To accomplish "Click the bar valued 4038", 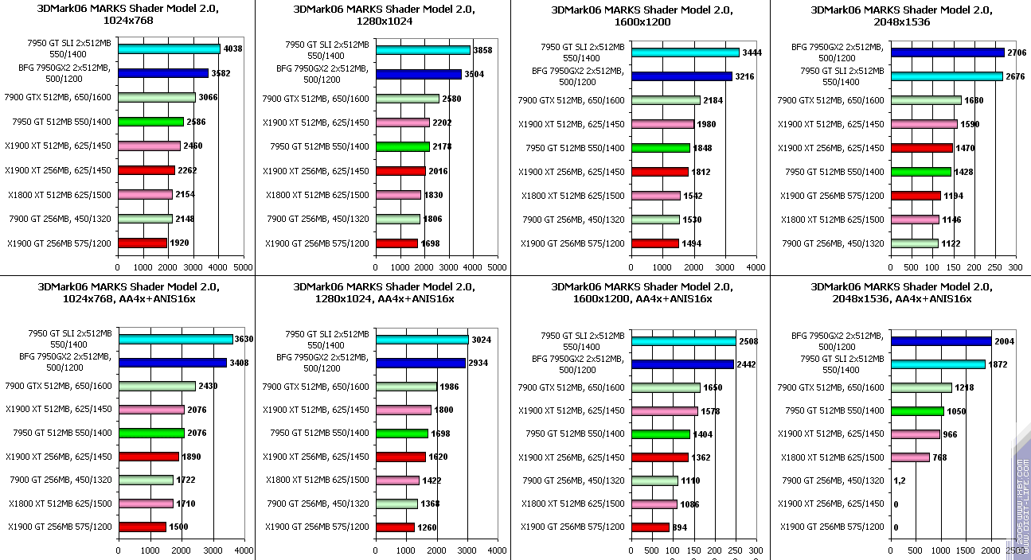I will [x=169, y=49].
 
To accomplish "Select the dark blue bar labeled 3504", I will [x=419, y=74].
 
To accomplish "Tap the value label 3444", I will [x=752, y=52].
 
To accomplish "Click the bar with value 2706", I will [x=947, y=52].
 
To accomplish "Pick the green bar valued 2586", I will [x=150, y=122].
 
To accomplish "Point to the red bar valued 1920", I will [x=143, y=243].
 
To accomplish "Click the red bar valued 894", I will [x=650, y=527].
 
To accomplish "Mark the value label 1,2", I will [x=900, y=480].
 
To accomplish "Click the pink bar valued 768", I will [x=910, y=457].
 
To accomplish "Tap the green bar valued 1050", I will [x=917, y=411].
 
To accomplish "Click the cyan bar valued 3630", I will [x=175, y=339].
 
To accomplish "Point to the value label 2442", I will [x=745, y=364].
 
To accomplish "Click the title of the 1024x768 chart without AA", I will [x=127, y=14].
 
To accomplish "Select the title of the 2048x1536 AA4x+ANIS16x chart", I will [x=901, y=292].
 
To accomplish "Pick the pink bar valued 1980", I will [x=662, y=124].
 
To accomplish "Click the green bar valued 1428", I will [x=920, y=172].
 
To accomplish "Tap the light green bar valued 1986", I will [x=406, y=387].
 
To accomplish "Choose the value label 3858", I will [x=482, y=50].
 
